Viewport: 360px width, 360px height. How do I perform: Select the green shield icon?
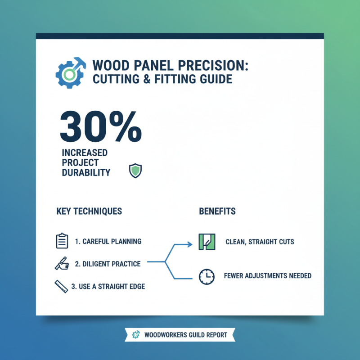point(135,171)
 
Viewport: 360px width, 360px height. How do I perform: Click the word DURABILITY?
point(86,172)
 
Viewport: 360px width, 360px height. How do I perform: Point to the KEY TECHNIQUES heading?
point(89,211)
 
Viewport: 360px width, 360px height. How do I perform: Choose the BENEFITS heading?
point(217,211)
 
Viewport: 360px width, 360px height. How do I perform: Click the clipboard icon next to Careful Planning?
point(61,241)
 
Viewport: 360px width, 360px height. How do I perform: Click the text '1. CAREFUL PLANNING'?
point(108,242)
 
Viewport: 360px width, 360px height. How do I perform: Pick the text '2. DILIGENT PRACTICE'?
point(108,264)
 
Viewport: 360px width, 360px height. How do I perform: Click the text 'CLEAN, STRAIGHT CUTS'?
point(260,242)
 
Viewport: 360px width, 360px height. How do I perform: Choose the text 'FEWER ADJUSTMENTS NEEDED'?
point(267,275)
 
